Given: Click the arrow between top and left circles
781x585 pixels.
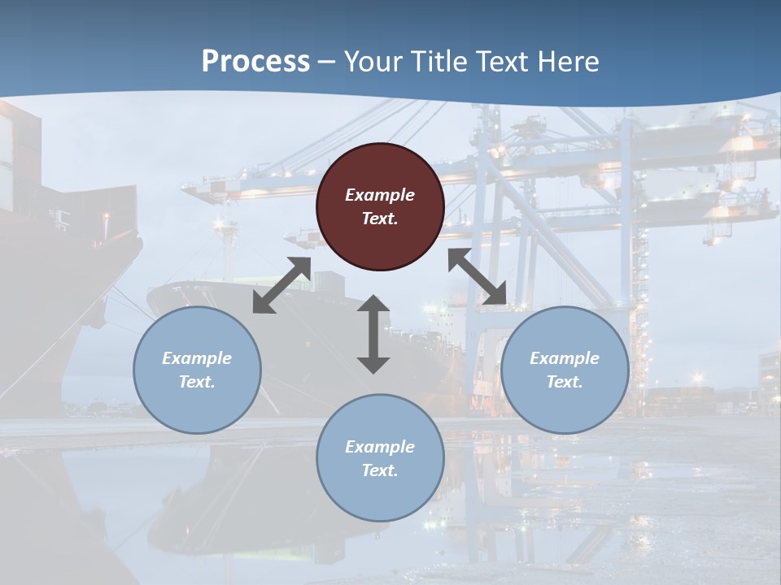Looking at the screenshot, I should [281, 285].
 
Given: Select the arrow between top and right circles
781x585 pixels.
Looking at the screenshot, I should [478, 276].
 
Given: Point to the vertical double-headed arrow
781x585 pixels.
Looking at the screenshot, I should [373, 334].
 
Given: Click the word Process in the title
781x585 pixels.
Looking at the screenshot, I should [255, 61].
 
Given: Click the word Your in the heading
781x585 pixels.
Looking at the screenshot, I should [371, 61].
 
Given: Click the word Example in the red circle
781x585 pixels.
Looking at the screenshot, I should [380, 195].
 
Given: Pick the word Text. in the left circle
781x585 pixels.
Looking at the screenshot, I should [197, 382].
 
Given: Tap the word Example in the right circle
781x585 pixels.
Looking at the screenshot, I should [565, 358].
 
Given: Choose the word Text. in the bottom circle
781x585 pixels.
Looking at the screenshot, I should [380, 470].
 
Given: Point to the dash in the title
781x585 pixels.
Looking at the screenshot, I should [326, 62].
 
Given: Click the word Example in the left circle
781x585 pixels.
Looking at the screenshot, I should [197, 358].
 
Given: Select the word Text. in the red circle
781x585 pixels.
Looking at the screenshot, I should [380, 219].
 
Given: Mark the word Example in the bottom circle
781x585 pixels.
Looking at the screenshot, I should [380, 447].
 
